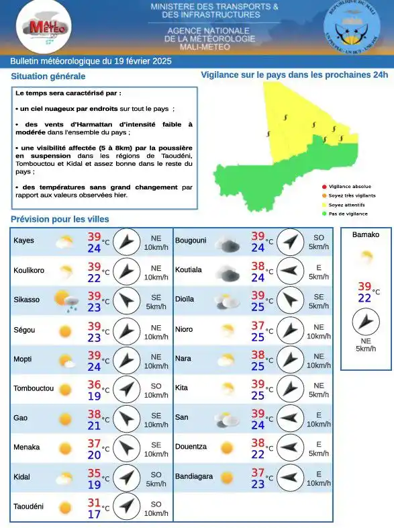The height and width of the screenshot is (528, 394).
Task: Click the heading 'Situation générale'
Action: tap(48, 77)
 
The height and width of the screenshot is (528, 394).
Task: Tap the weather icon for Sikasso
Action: tap(66, 300)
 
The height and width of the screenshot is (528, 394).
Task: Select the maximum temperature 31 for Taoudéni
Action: tap(94, 502)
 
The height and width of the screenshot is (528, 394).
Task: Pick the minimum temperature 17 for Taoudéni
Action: tap(94, 515)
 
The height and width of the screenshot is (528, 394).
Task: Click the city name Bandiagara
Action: tap(194, 477)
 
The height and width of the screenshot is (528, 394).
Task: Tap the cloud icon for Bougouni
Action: tap(228, 243)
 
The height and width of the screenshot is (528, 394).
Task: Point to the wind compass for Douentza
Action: tap(290, 448)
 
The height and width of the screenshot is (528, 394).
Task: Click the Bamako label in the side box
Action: tap(365, 234)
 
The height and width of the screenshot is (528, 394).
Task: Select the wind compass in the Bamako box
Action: tap(365, 323)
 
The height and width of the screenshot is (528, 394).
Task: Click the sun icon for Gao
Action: tap(65, 419)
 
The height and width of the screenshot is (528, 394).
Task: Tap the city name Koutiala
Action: tap(189, 270)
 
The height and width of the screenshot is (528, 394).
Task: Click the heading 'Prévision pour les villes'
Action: tap(60, 219)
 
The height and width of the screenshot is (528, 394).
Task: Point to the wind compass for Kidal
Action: tap(126, 478)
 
